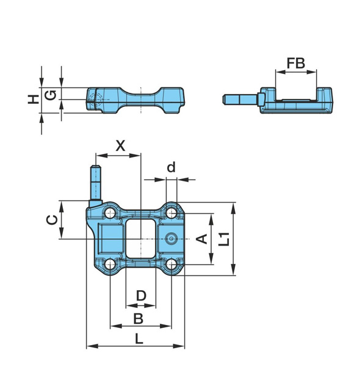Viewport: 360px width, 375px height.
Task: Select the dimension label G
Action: click(52, 95)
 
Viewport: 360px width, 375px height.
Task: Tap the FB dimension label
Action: click(296, 62)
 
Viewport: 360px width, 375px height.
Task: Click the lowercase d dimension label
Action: click(171, 167)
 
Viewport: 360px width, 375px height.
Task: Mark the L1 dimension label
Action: click(224, 238)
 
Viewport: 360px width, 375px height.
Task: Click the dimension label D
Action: click(141, 296)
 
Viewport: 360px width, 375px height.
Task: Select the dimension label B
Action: click(139, 318)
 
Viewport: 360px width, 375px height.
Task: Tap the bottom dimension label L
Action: click(139, 338)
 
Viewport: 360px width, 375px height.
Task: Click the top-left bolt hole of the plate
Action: click(110, 213)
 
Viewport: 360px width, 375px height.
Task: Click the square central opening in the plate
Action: click(141, 239)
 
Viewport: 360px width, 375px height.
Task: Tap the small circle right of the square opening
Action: click(173, 238)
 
